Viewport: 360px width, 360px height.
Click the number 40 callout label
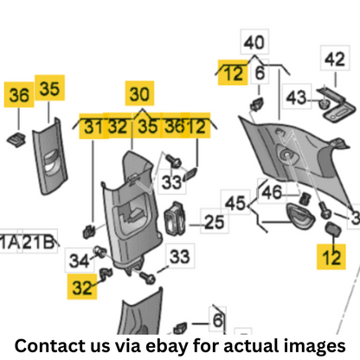click(254, 42)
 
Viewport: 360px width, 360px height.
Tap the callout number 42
click(335, 59)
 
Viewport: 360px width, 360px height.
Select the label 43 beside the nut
click(296, 97)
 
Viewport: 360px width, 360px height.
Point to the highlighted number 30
click(139, 93)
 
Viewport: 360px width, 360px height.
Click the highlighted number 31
click(93, 126)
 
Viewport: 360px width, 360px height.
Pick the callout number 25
click(214, 222)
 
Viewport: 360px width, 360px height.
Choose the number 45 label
click(235, 202)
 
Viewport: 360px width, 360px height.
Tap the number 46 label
click(272, 192)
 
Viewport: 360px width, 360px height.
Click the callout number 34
click(80, 260)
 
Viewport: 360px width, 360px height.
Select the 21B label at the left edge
click(38, 241)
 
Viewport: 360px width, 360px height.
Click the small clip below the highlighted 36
click(16, 139)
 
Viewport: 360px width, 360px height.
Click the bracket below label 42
click(337, 105)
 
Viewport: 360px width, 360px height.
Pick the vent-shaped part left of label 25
click(175, 218)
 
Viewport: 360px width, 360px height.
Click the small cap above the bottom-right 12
click(333, 228)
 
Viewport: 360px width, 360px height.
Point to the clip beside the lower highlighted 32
click(106, 273)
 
